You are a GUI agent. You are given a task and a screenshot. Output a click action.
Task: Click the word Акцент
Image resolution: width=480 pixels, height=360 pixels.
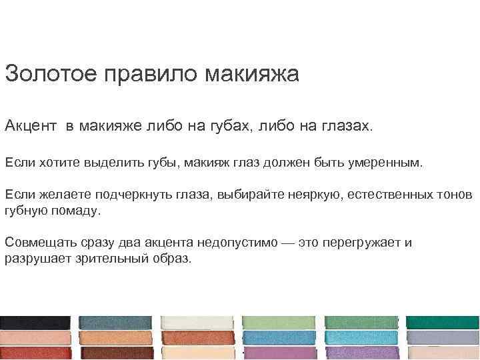[x=31, y=126]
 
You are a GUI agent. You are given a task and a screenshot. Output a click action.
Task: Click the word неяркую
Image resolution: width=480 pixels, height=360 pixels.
[x=312, y=195]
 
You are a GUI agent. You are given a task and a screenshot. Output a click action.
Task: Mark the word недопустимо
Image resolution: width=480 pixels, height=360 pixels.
[x=237, y=243]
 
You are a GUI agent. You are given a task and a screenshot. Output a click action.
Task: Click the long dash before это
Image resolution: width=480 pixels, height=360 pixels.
[x=287, y=243]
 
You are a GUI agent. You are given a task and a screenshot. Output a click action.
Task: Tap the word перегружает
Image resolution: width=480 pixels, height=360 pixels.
[x=361, y=243]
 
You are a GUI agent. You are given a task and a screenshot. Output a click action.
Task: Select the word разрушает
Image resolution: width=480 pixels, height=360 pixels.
[x=35, y=259]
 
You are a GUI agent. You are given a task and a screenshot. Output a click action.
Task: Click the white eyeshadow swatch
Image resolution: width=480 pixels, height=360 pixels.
[x=198, y=323]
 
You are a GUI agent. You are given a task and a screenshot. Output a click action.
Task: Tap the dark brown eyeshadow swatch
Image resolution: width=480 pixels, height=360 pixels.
[x=117, y=353]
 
